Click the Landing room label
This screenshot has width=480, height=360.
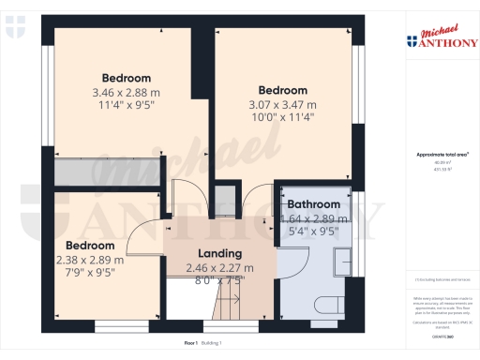click(x=219, y=253)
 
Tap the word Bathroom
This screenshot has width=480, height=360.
click(x=313, y=204)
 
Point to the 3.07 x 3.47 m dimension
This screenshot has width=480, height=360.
click(x=282, y=105)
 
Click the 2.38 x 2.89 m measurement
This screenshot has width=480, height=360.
click(x=92, y=260)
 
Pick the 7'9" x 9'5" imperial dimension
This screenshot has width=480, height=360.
click(x=92, y=275)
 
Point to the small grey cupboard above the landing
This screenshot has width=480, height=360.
click(x=223, y=200)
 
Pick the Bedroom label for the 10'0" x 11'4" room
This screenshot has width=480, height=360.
click(x=282, y=91)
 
